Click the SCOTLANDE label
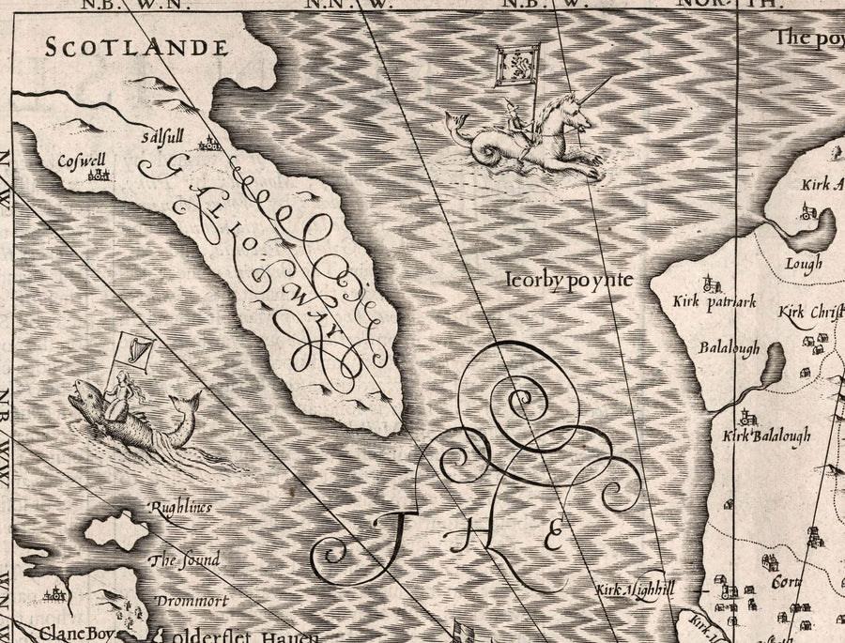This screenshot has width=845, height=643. coord(137,47)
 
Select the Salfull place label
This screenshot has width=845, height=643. coord(161,137)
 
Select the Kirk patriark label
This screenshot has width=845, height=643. coord(701,302)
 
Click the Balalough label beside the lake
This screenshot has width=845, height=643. coord(729,347)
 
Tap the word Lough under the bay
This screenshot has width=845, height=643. coord(805,264)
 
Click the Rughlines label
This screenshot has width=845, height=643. coord(180,508)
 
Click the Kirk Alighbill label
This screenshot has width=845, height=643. coord(636,590)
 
